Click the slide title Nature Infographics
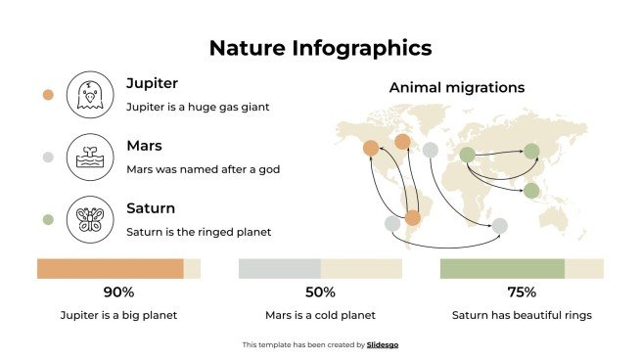click(320, 48)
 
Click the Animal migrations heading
click(457, 87)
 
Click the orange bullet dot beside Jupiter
click(48, 95)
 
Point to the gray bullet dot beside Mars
click(48, 157)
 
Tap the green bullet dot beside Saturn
click(48, 219)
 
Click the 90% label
click(118, 292)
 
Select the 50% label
click(320, 292)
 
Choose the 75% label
click(522, 292)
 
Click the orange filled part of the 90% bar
click(110, 268)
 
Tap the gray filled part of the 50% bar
click(280, 268)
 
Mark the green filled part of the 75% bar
click(502, 268)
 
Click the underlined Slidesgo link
click(383, 344)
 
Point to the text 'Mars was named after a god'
click(204, 169)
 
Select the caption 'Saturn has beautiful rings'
click(522, 316)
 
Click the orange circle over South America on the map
click(412, 217)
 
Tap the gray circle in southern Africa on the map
click(499, 226)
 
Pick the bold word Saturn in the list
click(151, 208)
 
